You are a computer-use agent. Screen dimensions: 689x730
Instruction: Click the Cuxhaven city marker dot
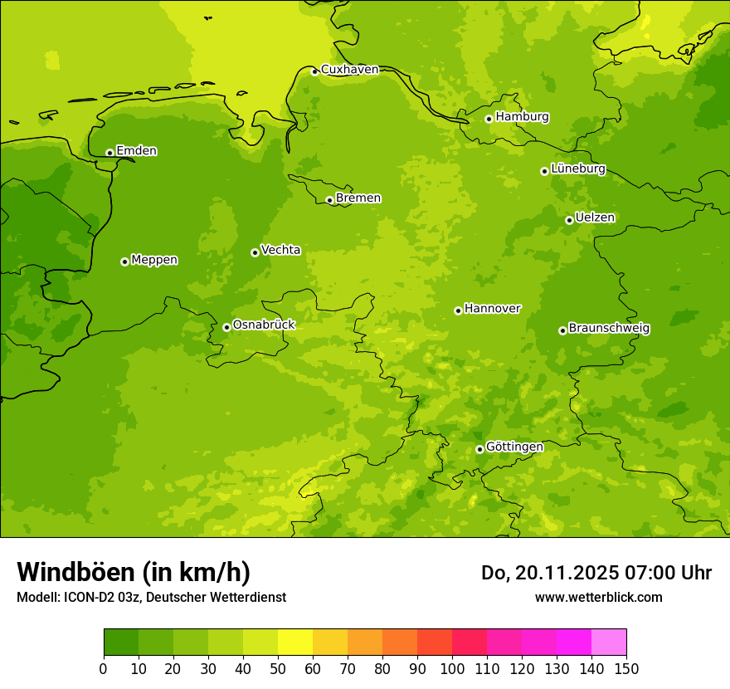point(314,71)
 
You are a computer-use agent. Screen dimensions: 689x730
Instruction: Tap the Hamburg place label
point(522,117)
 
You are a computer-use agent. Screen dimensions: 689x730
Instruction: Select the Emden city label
point(136,151)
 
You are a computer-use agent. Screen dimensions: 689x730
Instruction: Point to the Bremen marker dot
point(329,200)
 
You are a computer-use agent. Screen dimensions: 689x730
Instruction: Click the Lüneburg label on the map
point(577,169)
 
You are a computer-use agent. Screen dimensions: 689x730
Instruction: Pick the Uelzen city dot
point(569,220)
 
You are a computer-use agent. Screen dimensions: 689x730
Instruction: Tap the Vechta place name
point(280,250)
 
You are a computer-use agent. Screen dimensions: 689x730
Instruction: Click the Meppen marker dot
point(124,261)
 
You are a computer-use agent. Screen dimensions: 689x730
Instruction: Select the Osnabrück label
point(263,325)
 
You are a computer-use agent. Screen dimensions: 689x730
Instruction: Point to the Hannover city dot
point(458,310)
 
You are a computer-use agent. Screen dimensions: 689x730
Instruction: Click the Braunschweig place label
point(609,329)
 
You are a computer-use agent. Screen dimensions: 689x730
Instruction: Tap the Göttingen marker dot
point(479,449)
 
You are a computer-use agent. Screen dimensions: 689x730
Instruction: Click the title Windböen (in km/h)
point(134,572)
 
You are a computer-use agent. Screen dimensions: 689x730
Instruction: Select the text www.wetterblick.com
point(598,598)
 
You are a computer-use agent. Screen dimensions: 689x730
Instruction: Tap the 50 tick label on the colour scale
point(278,669)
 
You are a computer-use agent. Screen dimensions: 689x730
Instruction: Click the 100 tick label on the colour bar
point(452,669)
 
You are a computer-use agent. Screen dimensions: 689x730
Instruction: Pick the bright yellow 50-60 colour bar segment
point(295,643)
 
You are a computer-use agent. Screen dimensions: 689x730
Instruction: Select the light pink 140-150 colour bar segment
point(609,643)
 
